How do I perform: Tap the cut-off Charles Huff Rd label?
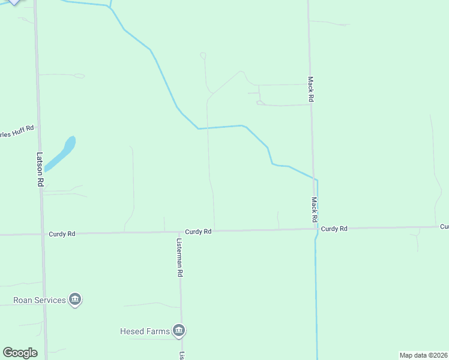click(17, 131)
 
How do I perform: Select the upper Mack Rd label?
click(311, 89)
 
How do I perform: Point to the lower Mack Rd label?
click(314, 208)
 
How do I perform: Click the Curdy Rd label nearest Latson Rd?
click(62, 234)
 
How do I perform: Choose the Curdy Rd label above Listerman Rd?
click(198, 232)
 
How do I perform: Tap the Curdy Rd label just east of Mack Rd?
click(334, 229)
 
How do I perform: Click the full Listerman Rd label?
click(179, 257)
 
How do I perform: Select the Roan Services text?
click(40, 299)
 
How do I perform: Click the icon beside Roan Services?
click(75, 299)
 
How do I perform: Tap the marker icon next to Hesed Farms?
click(179, 330)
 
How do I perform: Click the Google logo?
click(20, 353)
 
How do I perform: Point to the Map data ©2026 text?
click(424, 355)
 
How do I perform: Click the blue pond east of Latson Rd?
click(61, 153)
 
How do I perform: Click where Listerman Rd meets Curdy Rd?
click(180, 232)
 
